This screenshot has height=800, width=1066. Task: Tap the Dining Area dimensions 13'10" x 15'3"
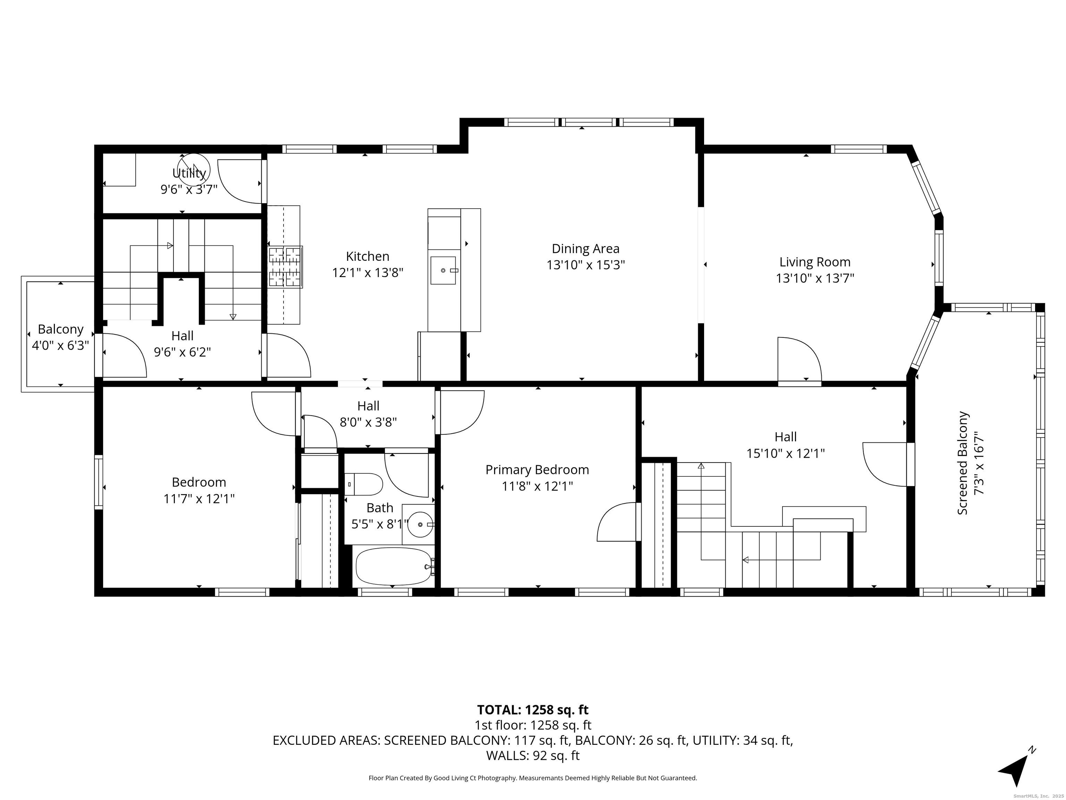pos(585,265)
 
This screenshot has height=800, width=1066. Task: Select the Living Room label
pos(814,262)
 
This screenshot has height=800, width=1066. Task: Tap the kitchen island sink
pos(443,270)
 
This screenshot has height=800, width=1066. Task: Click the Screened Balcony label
pos(962,463)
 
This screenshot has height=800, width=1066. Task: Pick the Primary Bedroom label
pos(537,470)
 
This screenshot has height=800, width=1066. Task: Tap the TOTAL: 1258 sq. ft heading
pos(533,710)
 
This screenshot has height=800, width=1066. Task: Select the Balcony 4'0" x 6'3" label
pos(60,337)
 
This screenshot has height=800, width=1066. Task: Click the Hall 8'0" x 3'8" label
pos(368,414)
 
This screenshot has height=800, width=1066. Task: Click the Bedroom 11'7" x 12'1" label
pos(198,490)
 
